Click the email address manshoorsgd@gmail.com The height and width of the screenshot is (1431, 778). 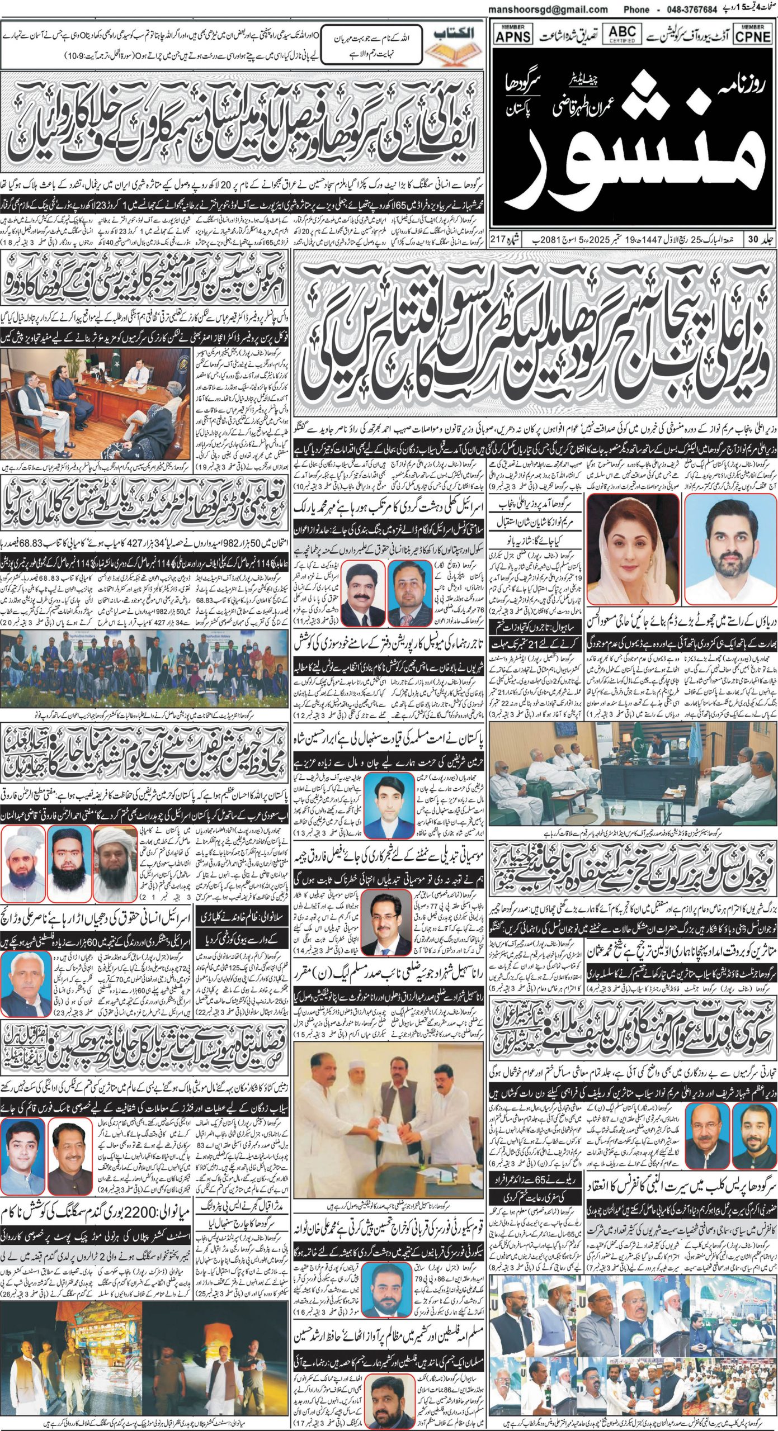pos(548,10)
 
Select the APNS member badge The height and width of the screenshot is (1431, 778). pos(510,34)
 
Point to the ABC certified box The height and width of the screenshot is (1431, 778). pos(623,33)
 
